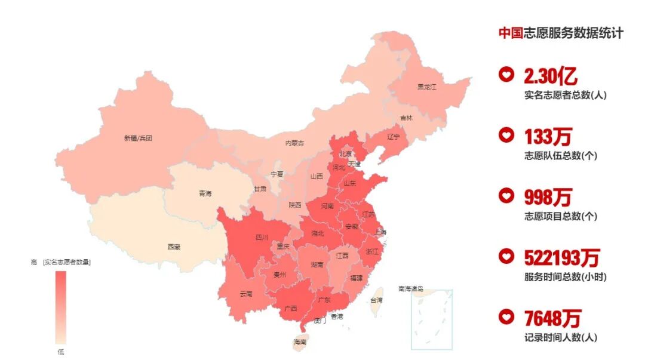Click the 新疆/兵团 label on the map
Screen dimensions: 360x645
(138, 138)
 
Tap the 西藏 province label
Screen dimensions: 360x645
(174, 246)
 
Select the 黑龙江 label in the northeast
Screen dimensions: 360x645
(426, 87)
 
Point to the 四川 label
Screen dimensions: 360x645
(262, 238)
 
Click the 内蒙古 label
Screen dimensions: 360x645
(294, 143)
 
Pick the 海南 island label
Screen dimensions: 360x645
(300, 342)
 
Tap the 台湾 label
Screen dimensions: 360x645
(377, 300)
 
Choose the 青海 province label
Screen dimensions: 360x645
(205, 193)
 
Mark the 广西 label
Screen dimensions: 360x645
(291, 309)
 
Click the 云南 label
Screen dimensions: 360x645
(246, 294)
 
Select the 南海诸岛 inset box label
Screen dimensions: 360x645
(411, 288)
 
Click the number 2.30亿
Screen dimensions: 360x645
(550, 76)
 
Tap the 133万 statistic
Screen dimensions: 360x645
(548, 137)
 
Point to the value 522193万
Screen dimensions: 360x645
(561, 258)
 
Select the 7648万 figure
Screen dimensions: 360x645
(552, 318)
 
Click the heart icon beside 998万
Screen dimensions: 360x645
(506, 195)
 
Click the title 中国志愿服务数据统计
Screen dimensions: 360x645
(561, 33)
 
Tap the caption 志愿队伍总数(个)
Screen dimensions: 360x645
(560, 156)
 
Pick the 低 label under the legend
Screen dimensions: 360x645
(61, 352)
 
